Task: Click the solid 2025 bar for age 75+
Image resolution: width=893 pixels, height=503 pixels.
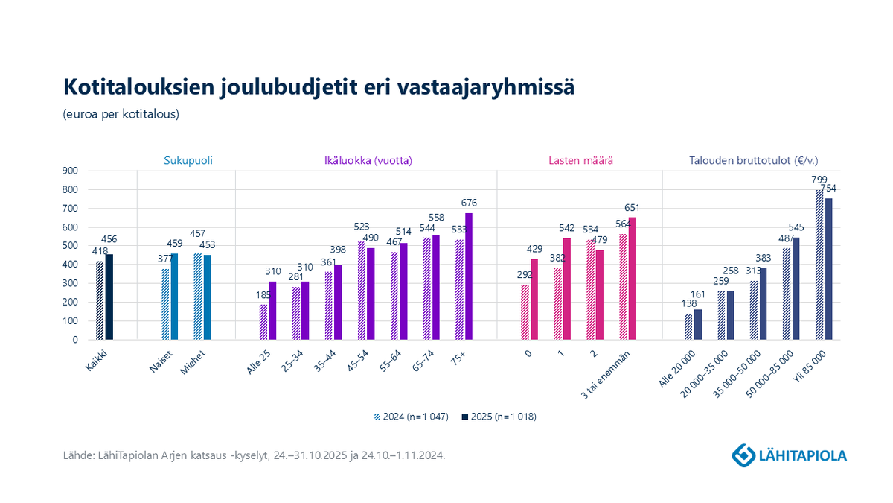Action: tap(469, 276)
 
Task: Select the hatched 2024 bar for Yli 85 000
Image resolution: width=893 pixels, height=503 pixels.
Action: tap(819, 265)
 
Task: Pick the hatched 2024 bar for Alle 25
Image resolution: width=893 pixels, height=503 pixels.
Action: tap(263, 322)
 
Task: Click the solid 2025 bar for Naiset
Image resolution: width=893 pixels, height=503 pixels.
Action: tap(174, 296)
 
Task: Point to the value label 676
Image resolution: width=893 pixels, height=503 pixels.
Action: tap(469, 203)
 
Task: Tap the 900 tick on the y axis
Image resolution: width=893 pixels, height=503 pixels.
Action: tap(71, 171)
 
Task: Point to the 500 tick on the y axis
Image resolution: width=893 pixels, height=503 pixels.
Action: tap(71, 246)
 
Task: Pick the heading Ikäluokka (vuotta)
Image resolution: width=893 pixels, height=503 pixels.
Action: tap(368, 160)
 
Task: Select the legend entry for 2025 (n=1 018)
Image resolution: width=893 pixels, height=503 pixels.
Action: tap(498, 417)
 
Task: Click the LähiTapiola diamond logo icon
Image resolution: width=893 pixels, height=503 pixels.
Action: tap(742, 454)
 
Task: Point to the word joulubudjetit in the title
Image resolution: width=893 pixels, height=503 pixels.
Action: tap(280, 86)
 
